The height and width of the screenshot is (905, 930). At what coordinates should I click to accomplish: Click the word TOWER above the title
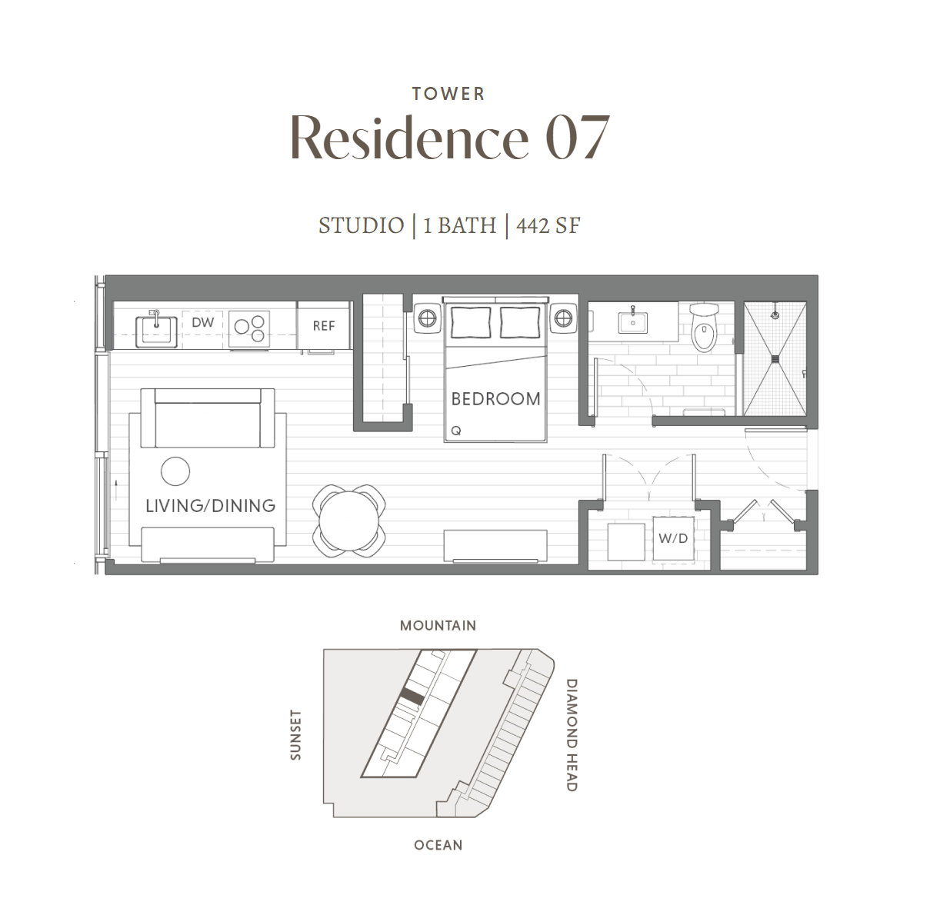(448, 94)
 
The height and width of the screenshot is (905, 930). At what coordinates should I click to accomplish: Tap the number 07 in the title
(578, 137)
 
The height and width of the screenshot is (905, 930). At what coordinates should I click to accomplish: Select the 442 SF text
(548, 225)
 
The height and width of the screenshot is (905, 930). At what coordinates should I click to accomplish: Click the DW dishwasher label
(202, 322)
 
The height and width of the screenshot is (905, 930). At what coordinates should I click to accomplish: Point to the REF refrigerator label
(324, 326)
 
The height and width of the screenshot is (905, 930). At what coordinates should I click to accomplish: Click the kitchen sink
(156, 331)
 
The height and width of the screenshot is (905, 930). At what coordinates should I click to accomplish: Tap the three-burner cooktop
(249, 329)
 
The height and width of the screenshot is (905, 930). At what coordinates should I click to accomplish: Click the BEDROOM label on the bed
(495, 399)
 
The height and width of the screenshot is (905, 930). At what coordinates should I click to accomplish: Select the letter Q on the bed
(456, 431)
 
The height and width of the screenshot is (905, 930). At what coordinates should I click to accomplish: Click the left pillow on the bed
(471, 322)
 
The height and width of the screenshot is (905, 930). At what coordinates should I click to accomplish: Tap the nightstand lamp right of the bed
(563, 318)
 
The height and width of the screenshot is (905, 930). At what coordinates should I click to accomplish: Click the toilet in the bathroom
(705, 328)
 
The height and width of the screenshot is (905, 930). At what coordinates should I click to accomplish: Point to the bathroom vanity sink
(633, 322)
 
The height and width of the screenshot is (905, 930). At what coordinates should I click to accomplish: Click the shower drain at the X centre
(775, 359)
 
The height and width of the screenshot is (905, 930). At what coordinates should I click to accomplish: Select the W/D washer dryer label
(673, 538)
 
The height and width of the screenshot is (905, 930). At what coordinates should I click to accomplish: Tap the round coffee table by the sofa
(175, 471)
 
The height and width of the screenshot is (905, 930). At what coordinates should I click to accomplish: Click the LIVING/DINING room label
(210, 505)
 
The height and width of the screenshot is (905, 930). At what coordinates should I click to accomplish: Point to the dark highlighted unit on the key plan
(412, 697)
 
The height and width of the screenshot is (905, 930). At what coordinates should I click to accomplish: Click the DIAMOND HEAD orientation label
(572, 735)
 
